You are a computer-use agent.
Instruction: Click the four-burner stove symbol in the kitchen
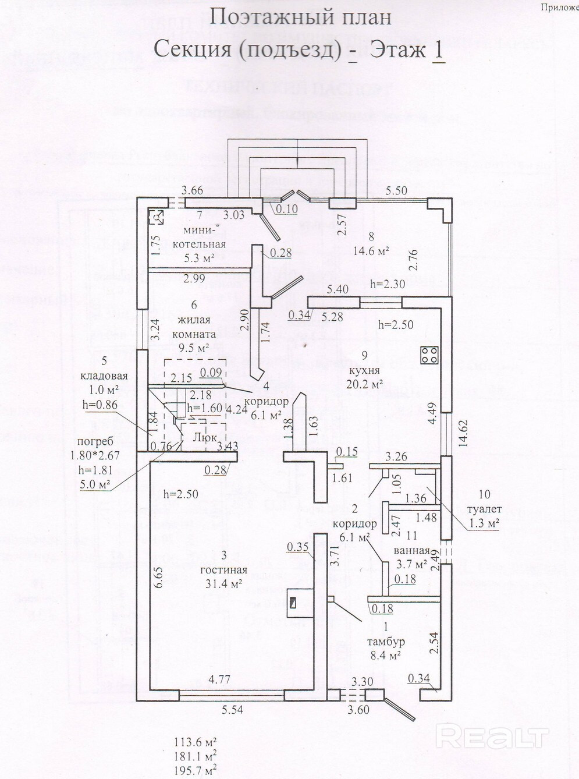point(429,355)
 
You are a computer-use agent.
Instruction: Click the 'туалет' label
point(484,509)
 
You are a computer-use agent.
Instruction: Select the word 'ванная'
point(411,551)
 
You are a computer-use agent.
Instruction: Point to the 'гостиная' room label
point(223,570)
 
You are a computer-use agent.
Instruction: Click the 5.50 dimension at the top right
point(396,190)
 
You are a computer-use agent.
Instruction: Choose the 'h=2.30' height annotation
point(388,283)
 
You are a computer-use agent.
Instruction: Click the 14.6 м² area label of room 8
point(371,251)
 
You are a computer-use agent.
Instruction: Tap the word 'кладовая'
point(104,376)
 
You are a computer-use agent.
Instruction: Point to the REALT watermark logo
point(492,737)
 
